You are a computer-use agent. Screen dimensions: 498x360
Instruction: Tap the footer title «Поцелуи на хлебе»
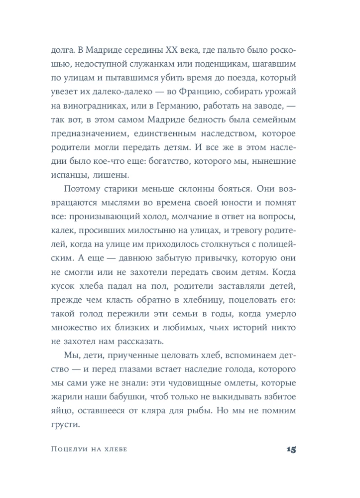pos(89,450)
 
